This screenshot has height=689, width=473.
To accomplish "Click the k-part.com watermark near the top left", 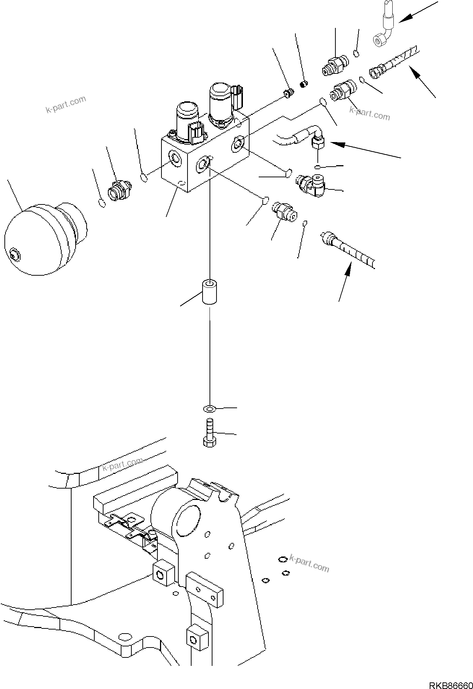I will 66,104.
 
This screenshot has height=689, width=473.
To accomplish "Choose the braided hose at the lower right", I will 349,250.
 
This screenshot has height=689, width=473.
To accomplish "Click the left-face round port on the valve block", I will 175,159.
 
